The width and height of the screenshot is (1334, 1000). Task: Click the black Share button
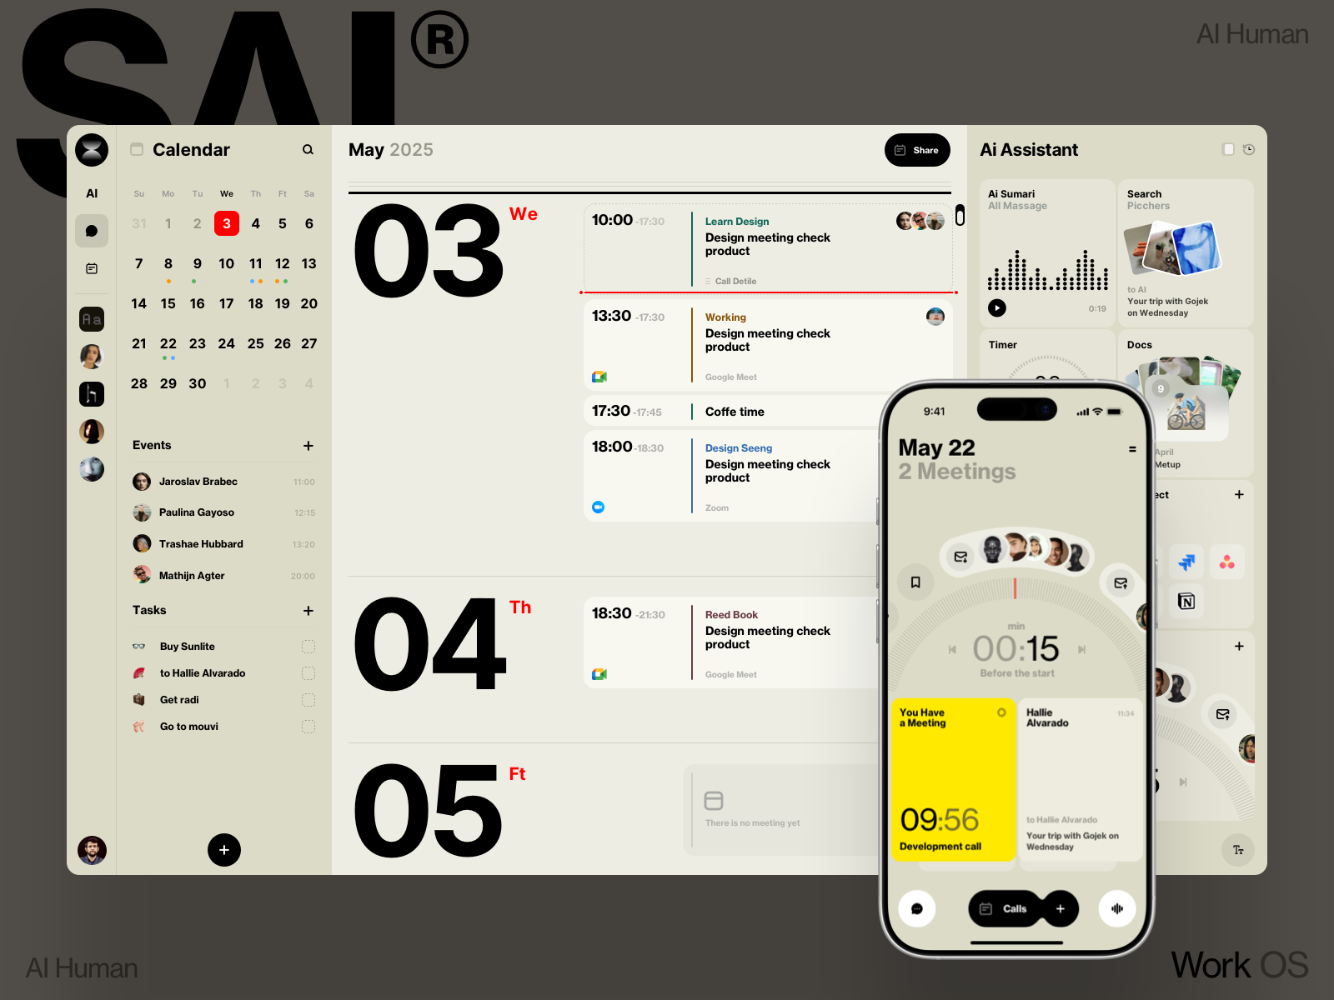pos(917,150)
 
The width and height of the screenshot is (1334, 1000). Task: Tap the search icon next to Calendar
pos(308,150)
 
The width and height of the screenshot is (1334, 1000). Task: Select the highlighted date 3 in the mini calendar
pos(227,223)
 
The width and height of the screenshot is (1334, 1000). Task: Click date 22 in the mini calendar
pos(168,344)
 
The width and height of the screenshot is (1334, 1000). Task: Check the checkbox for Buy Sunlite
pos(308,647)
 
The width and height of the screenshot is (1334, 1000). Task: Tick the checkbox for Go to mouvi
pos(308,727)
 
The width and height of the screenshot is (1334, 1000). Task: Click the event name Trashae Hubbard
pos(201,544)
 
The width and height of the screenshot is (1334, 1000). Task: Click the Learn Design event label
pos(737,222)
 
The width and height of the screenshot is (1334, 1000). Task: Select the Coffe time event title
pos(735,412)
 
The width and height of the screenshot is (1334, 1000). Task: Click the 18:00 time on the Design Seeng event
pos(612,447)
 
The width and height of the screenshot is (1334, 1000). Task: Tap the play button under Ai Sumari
pos(997,307)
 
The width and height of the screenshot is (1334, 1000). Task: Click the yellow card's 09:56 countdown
pos(940,820)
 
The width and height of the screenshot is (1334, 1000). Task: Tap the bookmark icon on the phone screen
pos(915,582)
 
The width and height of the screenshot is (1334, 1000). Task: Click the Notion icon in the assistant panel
pos(1186,601)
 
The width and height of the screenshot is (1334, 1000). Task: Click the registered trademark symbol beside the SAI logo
pos(439,39)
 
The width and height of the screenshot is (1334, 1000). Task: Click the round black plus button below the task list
pos(224,850)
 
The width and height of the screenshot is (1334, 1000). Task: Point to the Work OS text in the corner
pos(1239,966)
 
